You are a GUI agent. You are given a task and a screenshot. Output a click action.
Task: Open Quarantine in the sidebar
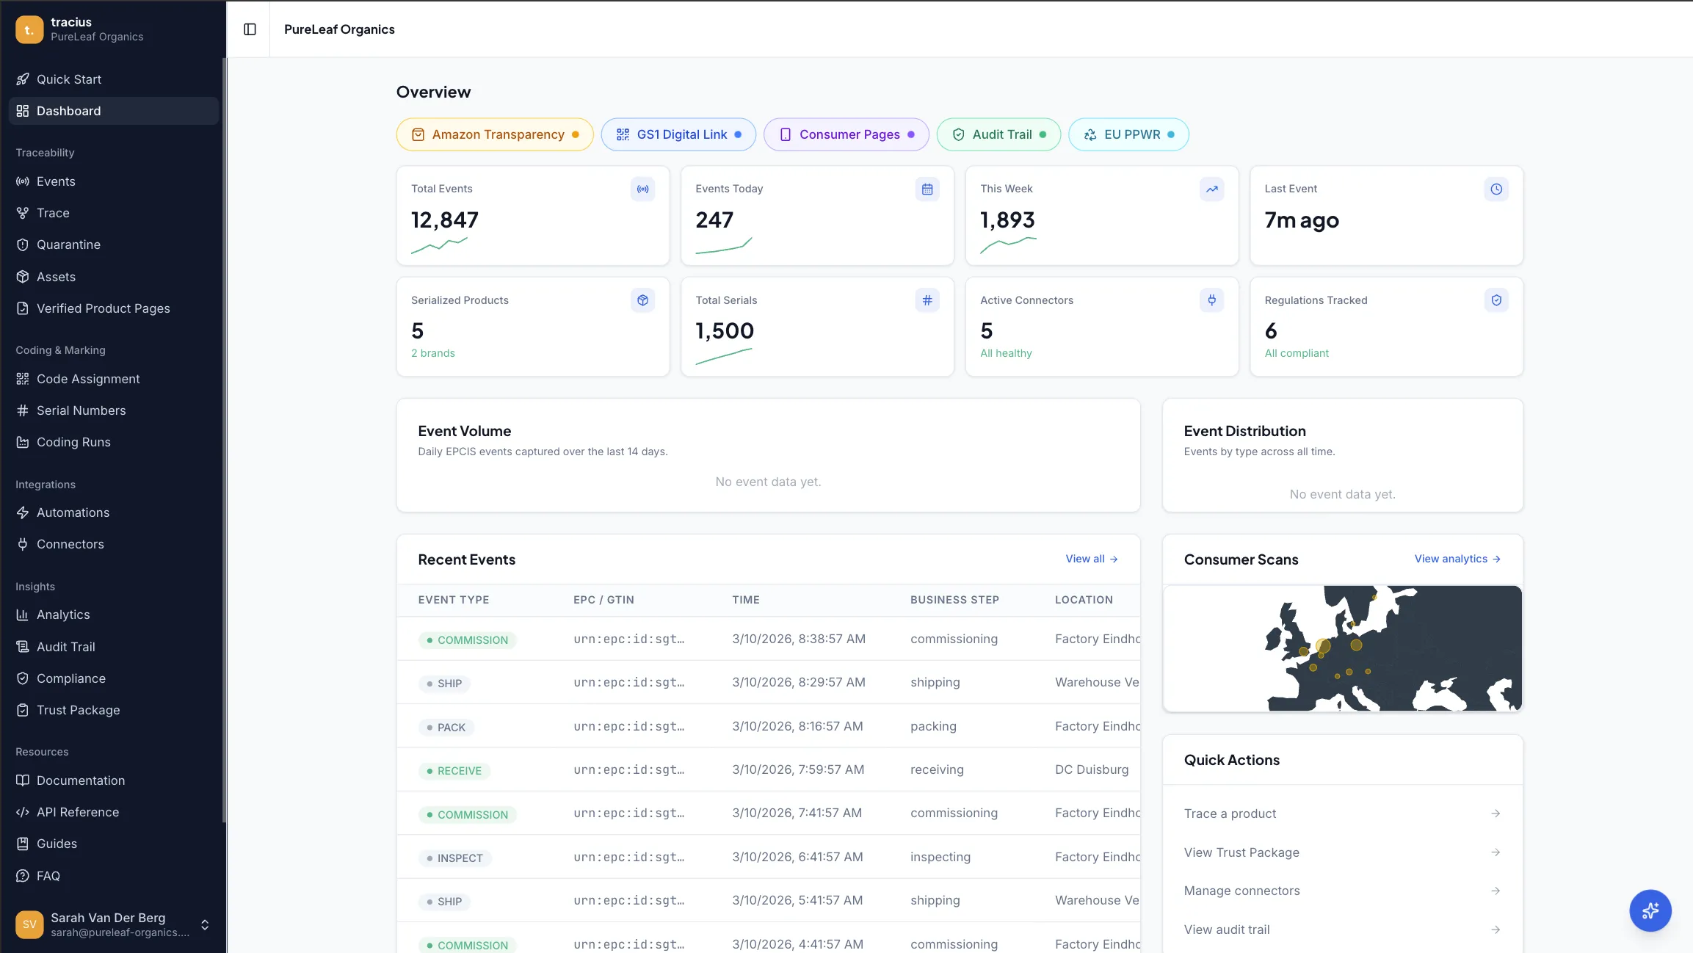click(x=68, y=244)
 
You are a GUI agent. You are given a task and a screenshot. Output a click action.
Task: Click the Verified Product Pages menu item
click(x=103, y=308)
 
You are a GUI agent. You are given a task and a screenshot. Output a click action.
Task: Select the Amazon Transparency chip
click(x=495, y=134)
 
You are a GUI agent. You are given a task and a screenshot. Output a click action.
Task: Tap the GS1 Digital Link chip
click(x=678, y=134)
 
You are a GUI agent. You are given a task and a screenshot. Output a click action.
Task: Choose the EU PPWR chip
click(x=1128, y=134)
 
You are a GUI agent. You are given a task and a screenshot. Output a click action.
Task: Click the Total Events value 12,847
click(x=445, y=220)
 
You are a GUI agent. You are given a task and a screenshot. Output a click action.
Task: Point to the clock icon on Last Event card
click(x=1496, y=189)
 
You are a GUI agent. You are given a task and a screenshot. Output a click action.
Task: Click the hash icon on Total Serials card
click(x=927, y=300)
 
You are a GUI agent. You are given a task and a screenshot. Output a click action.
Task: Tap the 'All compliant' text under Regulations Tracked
click(x=1297, y=353)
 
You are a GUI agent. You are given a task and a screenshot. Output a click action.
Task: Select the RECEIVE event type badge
click(x=455, y=771)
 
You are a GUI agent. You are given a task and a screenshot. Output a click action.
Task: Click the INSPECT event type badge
click(x=455, y=858)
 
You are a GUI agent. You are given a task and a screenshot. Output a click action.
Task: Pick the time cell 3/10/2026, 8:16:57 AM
click(x=797, y=726)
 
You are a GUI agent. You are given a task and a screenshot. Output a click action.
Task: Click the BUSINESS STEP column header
click(x=954, y=600)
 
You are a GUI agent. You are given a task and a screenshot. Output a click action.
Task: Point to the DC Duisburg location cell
click(x=1092, y=769)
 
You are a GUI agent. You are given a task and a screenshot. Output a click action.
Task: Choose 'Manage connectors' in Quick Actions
click(x=1241, y=891)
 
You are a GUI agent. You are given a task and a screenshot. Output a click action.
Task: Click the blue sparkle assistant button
click(x=1650, y=910)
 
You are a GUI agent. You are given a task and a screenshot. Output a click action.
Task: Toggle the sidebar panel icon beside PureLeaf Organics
click(x=250, y=29)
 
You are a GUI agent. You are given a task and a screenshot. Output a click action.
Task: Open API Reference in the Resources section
click(x=78, y=812)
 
